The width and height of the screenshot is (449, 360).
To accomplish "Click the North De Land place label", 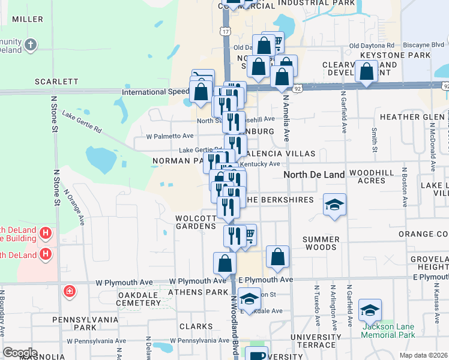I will click(314, 175).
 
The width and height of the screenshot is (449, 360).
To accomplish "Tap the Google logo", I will click(20, 353).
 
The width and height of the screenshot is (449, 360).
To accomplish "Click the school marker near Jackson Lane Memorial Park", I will click(370, 310).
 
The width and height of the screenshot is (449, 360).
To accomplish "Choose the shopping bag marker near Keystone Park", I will click(366, 71).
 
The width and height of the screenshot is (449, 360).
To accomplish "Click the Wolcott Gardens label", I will click(195, 222).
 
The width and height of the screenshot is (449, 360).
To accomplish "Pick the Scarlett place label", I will click(56, 81).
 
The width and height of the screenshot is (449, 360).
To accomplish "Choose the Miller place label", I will click(27, 19).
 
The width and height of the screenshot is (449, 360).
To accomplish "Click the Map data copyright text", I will click(423, 355).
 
